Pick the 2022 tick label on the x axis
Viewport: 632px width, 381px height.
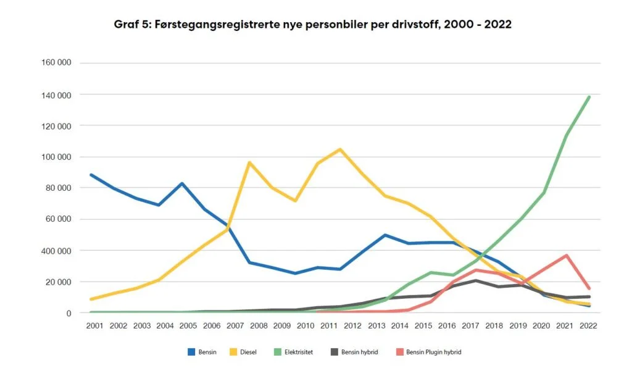click(x=589, y=325)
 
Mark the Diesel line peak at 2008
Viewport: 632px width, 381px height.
click(x=249, y=162)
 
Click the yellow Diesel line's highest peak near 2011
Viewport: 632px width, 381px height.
click(x=340, y=149)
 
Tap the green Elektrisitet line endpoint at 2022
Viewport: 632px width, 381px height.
click(x=589, y=97)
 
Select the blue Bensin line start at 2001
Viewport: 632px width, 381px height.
click(x=91, y=175)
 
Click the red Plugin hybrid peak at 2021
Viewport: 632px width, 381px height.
click(x=567, y=255)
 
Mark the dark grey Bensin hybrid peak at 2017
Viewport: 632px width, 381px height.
click(x=475, y=280)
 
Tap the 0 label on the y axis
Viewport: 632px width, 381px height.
click(x=69, y=313)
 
